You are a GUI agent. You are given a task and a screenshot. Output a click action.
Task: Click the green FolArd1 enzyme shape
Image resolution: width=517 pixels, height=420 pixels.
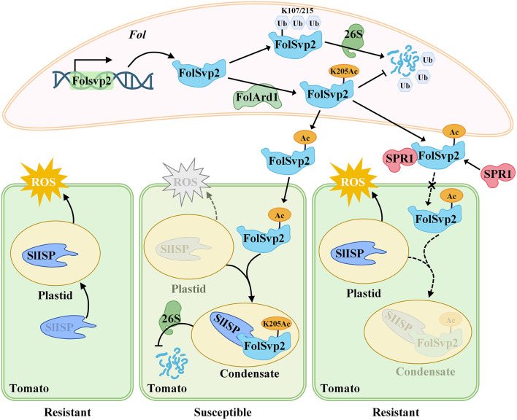coord(258,97)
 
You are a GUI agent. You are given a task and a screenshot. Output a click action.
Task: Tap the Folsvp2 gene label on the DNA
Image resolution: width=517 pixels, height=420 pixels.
coord(92,81)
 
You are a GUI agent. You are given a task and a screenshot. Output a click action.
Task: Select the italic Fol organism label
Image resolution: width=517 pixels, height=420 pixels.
coord(137,35)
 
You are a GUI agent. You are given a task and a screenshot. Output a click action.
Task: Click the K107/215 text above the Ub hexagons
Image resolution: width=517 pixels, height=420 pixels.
coord(297,11)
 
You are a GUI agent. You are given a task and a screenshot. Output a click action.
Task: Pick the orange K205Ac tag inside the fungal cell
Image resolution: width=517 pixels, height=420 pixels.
coord(344,71)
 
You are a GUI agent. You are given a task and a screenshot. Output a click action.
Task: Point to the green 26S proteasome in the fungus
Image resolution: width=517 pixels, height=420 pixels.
coord(353,39)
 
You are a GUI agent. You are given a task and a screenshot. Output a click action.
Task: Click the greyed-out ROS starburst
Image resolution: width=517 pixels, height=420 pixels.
coord(186,182)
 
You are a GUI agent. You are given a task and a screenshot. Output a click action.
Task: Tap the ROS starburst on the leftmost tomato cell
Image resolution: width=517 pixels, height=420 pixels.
coord(44,182)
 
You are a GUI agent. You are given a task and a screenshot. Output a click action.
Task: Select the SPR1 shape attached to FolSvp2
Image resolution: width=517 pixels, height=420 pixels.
coord(399,159)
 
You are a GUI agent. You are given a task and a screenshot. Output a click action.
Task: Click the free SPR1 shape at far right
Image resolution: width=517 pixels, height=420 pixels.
coord(497,174)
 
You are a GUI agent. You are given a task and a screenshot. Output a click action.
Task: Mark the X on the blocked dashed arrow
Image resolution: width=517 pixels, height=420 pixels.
coord(432,186)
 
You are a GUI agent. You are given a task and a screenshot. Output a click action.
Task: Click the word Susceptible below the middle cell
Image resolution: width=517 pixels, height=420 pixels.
coord(223,412)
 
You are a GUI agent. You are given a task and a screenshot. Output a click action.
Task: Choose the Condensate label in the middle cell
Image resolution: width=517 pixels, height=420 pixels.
coord(250,373)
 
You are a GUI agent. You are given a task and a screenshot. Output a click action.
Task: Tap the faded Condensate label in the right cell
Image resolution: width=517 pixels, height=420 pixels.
coord(425,372)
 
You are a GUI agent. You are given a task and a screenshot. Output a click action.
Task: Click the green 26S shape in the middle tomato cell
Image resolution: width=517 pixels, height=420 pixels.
coord(172,318)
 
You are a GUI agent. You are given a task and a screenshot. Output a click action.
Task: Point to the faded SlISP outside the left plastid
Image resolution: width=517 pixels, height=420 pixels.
coord(68,327)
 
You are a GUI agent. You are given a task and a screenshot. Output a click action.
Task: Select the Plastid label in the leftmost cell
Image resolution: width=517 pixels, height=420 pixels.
coord(55,295)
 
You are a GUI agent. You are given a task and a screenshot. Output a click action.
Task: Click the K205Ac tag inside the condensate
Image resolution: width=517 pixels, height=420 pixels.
coord(277,324)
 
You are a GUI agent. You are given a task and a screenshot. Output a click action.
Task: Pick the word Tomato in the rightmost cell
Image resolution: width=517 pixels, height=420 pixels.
coord(340,389)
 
